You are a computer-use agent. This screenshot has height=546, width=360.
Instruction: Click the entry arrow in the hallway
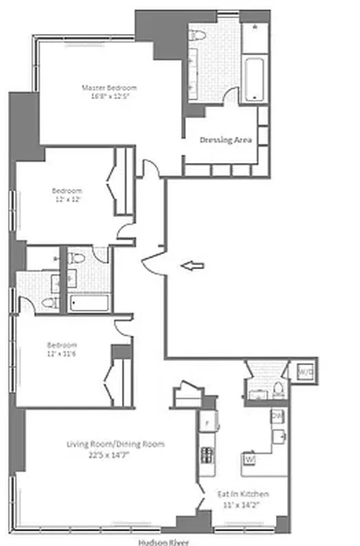point(195,266)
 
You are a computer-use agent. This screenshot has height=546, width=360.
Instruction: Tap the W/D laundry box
point(304,372)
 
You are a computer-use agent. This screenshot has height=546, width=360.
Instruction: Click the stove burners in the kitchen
point(206,453)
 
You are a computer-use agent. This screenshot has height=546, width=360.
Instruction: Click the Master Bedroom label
point(109,87)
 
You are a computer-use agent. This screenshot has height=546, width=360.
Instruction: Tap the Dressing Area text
point(225,140)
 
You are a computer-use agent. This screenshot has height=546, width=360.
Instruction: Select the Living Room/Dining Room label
point(115,444)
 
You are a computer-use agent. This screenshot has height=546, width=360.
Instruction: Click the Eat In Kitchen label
point(243,493)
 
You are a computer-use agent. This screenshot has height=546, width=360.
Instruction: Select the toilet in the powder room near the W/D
point(278,391)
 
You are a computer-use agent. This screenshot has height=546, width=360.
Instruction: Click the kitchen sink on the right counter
point(278,435)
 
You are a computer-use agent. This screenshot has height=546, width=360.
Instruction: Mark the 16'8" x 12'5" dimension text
point(110,97)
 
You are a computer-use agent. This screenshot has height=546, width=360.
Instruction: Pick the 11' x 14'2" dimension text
point(243,504)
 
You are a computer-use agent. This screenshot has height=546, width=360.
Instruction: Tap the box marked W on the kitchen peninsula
point(249,459)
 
